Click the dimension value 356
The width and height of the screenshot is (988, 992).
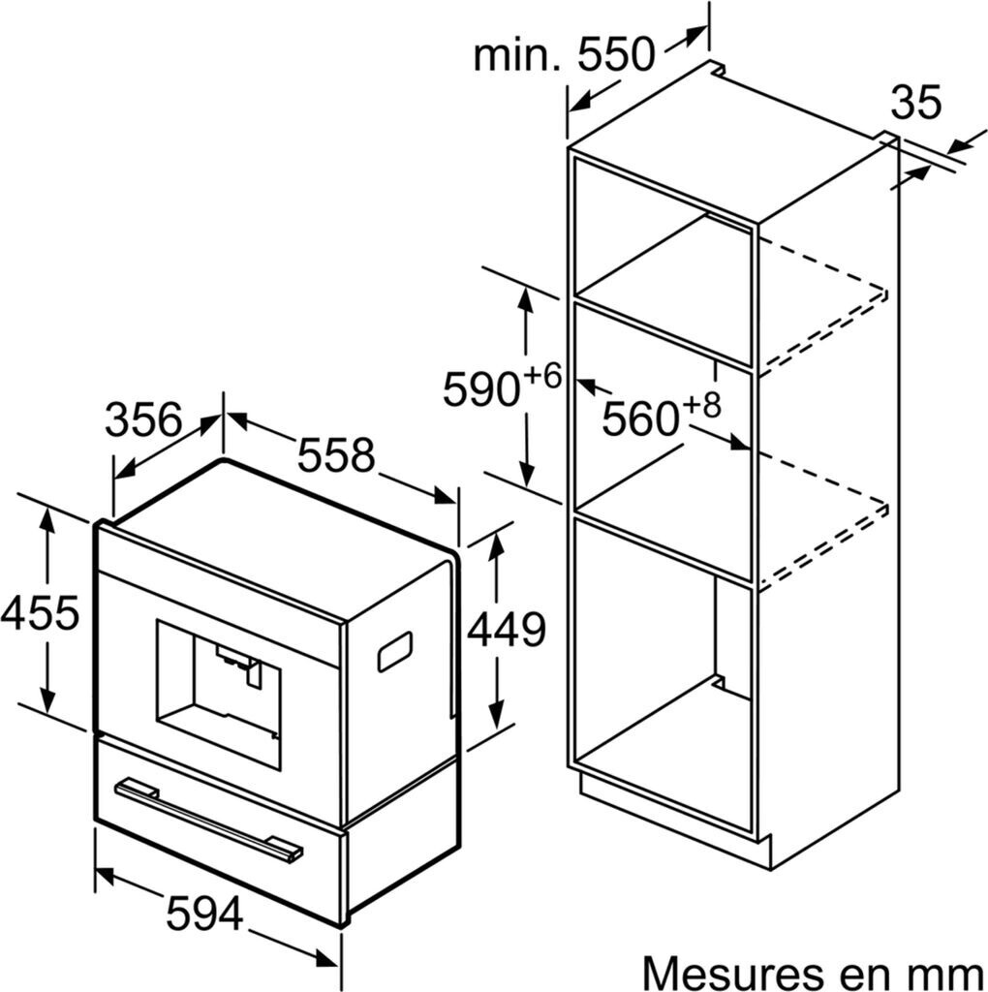[143, 420]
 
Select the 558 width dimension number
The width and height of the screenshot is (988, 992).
[335, 454]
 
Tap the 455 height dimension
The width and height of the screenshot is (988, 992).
[40, 612]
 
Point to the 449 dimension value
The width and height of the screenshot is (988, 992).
[507, 632]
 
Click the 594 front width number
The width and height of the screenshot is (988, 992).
[203, 913]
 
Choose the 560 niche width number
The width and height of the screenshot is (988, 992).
[639, 418]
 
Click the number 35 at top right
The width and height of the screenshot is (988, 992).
[915, 103]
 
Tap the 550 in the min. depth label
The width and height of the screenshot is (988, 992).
[617, 55]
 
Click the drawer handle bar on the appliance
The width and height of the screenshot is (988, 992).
[208, 819]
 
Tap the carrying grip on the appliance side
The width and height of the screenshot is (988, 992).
[394, 651]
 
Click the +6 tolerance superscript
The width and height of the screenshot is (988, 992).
[543, 376]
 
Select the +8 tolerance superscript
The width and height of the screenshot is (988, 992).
[703, 405]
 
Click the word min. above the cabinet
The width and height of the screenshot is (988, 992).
[517, 55]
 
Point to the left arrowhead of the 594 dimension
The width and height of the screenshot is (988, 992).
[103, 876]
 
